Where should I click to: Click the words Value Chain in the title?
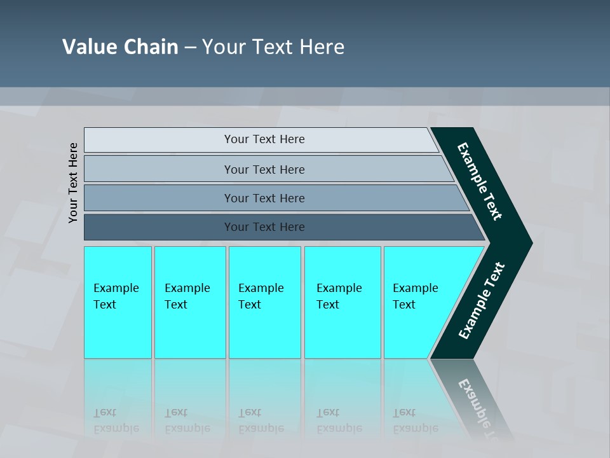(x=120, y=47)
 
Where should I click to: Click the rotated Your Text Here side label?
(x=73, y=183)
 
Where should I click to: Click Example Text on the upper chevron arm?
(x=480, y=181)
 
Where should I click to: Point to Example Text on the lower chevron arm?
(x=482, y=301)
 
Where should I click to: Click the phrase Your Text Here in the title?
(x=273, y=47)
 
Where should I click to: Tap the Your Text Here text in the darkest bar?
(x=264, y=227)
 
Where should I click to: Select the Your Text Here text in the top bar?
(x=264, y=139)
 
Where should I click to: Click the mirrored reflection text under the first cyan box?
(x=116, y=420)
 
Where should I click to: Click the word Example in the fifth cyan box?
(x=415, y=288)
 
